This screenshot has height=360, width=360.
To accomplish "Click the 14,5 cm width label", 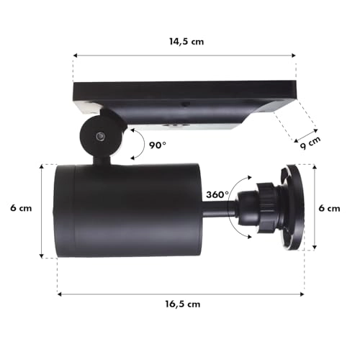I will click(x=184, y=42).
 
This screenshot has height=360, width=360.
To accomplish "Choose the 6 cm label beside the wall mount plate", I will click(x=329, y=209).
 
